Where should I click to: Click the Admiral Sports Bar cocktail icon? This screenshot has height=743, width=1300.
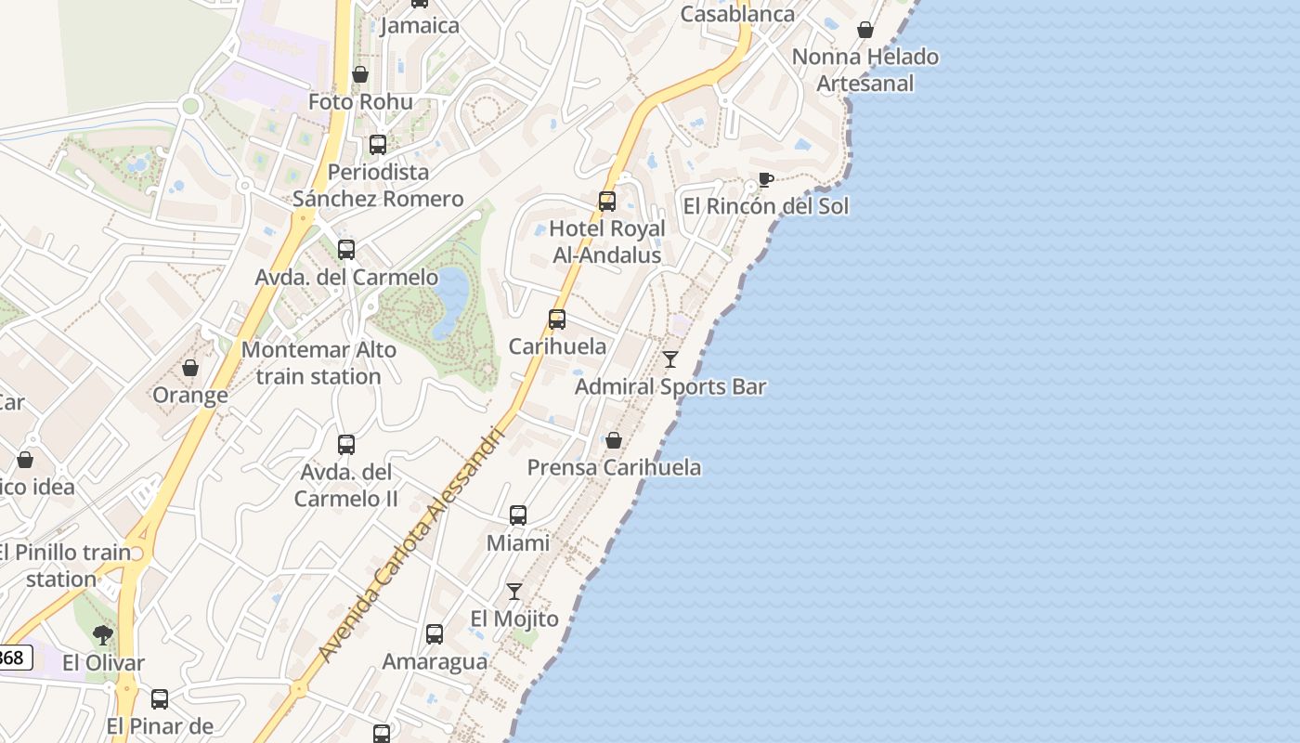[670, 358]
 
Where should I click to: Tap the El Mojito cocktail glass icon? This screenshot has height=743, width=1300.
[513, 591]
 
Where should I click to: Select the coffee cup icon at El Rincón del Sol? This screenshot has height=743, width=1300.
[765, 178]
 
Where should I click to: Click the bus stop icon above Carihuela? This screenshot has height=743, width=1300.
[557, 319]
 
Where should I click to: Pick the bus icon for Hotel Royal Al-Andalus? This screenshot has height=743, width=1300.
[607, 201]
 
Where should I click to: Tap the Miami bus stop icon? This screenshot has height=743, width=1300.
[518, 515]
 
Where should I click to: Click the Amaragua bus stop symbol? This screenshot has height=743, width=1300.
[435, 634]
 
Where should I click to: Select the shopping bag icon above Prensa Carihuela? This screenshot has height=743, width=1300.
[614, 439]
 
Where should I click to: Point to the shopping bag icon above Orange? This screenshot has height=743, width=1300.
[190, 368]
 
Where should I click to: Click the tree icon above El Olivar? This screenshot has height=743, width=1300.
[103, 635]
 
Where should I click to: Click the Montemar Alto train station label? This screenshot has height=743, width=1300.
[318, 363]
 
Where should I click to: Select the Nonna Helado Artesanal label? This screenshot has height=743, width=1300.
[864, 70]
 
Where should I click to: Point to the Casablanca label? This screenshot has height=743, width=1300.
[737, 14]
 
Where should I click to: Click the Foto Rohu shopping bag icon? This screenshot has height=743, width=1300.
[360, 74]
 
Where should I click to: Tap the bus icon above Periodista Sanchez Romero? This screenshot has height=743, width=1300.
[378, 144]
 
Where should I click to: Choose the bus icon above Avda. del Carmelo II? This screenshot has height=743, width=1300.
[346, 444]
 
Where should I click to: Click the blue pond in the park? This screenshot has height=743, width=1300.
[450, 297]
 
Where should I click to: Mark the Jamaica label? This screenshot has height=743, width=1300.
[420, 25]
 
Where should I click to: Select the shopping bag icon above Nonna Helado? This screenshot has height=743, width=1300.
[865, 30]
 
